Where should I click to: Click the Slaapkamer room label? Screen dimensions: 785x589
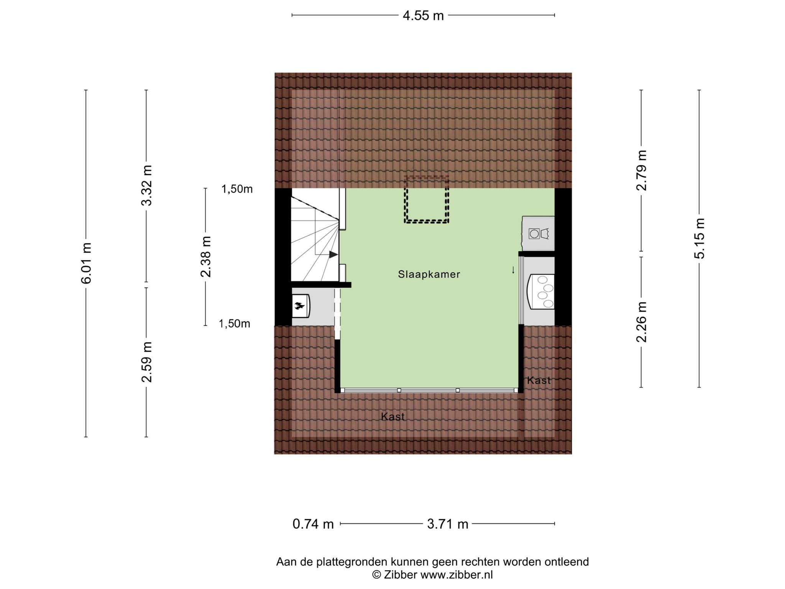(x=429, y=274)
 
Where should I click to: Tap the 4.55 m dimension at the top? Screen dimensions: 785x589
(x=423, y=16)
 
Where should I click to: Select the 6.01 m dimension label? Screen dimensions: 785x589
(x=86, y=263)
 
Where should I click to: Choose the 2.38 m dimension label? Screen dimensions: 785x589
(x=205, y=257)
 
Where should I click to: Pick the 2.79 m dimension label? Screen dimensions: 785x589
(x=641, y=170)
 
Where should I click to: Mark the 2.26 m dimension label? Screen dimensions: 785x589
(x=641, y=322)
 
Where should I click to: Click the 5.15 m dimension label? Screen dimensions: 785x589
(x=700, y=239)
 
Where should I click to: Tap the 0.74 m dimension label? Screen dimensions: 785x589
(x=313, y=524)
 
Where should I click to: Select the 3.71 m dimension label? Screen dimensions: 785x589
(x=448, y=524)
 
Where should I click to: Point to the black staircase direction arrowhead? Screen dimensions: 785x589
(x=333, y=254)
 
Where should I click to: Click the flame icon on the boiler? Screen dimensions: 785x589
(x=299, y=306)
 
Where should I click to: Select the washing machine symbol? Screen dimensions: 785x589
(x=538, y=234)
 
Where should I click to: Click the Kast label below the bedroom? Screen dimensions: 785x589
(x=393, y=416)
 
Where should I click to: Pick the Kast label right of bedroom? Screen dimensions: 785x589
(x=539, y=380)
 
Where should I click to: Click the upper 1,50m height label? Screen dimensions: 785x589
(x=237, y=189)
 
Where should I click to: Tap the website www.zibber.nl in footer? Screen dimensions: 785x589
(x=457, y=575)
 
